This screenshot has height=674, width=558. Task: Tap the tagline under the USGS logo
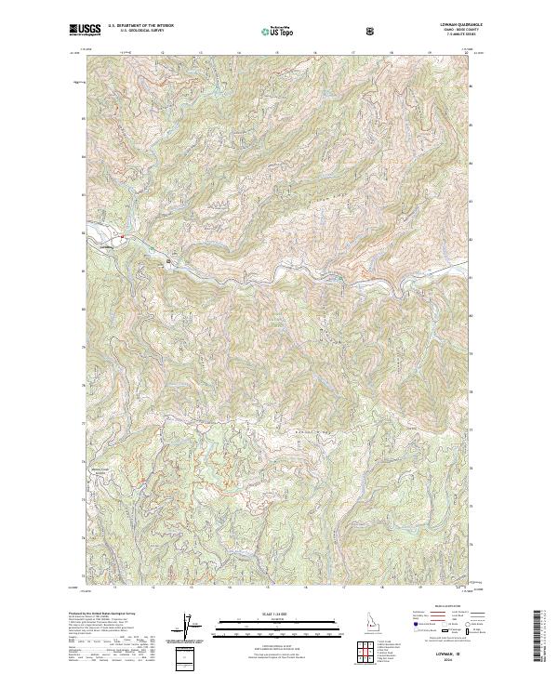[x=86, y=37]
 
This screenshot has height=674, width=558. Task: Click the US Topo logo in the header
[x=279, y=32]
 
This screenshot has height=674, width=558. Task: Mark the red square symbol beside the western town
[x=122, y=235]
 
